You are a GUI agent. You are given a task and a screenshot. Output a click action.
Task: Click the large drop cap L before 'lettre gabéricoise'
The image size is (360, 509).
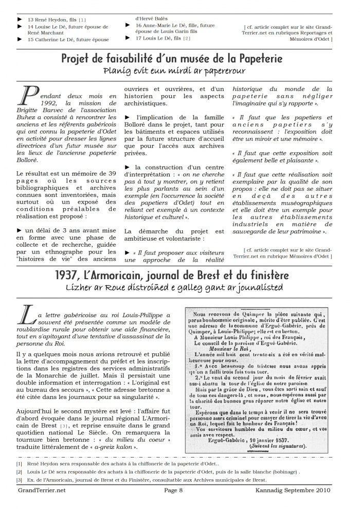point(26,314)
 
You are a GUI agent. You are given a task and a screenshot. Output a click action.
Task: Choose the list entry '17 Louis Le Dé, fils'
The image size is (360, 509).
point(159,38)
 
